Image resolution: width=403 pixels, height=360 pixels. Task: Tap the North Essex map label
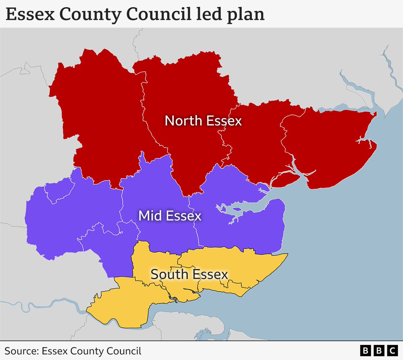203,121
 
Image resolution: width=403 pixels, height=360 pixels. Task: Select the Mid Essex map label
170,216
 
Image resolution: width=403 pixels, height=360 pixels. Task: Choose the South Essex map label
189,274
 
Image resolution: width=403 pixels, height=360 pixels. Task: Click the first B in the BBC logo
365,351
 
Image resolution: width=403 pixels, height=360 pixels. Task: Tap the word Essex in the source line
54,351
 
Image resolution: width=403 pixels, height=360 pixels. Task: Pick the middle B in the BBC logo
379,351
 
